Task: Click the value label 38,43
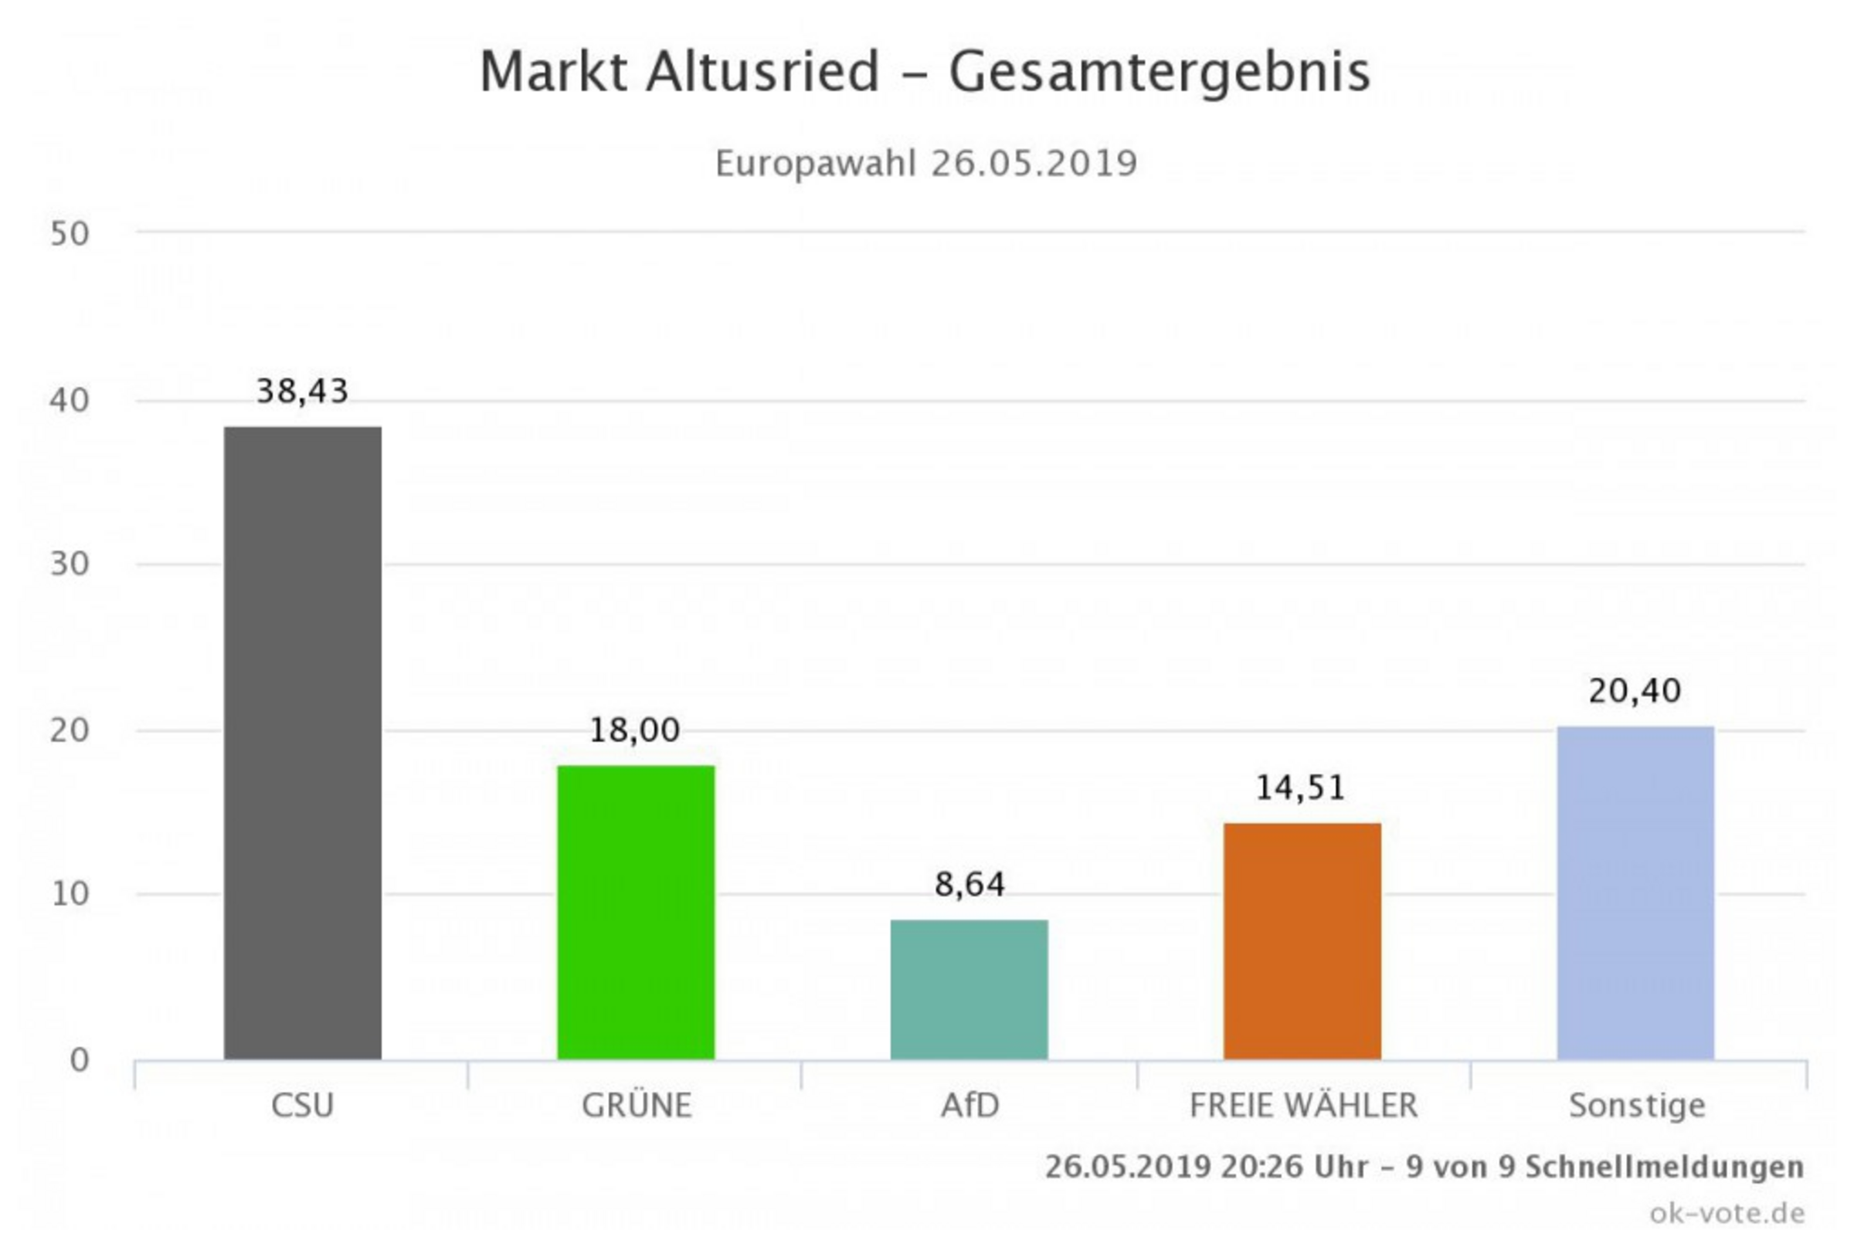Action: (x=302, y=391)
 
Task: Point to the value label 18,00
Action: (x=635, y=730)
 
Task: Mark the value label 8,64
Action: (x=969, y=884)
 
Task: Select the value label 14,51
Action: (x=1301, y=788)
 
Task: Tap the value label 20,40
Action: (x=1635, y=691)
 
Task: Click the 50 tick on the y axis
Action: (x=70, y=234)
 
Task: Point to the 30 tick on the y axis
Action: (x=70, y=564)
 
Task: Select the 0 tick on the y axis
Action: (x=79, y=1060)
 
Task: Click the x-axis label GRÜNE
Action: (x=637, y=1106)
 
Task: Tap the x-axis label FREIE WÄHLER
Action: (x=1303, y=1106)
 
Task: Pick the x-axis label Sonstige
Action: (x=1637, y=1106)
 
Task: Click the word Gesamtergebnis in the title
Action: (x=1160, y=73)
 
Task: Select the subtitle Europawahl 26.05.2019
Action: (x=926, y=164)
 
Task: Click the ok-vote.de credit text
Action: (x=1727, y=1214)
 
